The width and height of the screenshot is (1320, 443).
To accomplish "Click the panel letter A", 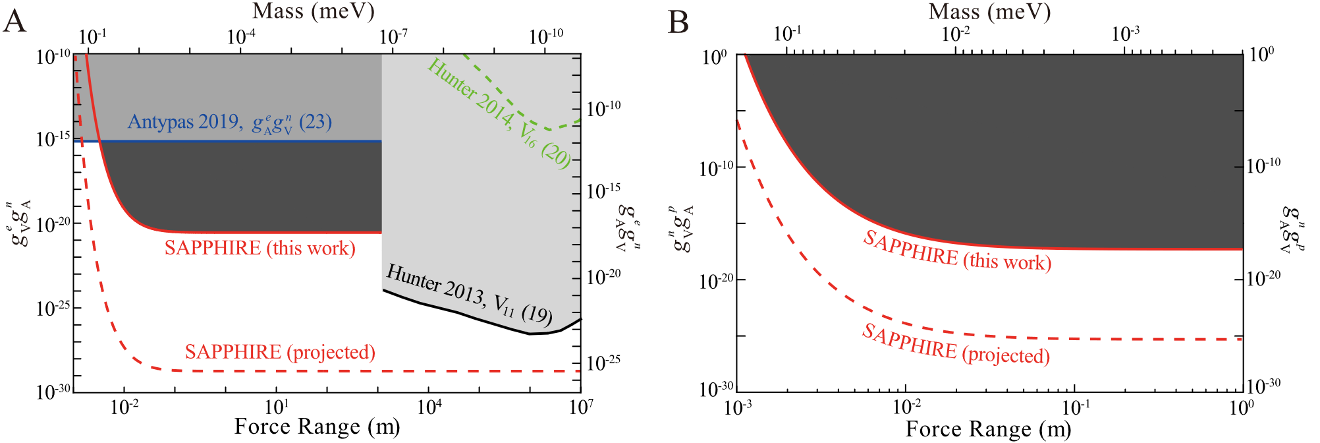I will (14, 21).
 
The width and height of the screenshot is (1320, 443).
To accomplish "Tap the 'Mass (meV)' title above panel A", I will (313, 11).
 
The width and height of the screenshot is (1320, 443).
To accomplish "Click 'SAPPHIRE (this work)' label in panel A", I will (260, 248).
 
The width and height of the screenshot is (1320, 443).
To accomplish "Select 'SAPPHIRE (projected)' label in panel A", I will (280, 352).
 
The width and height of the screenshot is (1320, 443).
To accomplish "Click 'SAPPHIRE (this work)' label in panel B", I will (956, 251).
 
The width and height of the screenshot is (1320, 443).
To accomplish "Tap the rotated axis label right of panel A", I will (624, 228).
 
